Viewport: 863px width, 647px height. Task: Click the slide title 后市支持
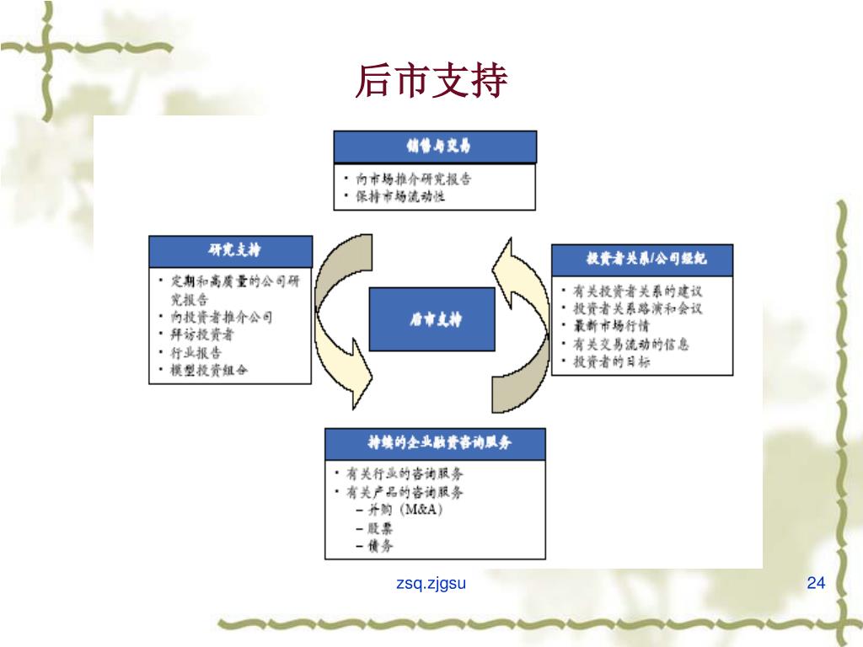(x=431, y=82)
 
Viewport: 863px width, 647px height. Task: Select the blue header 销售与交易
(x=435, y=147)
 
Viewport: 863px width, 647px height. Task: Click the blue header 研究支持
(x=230, y=250)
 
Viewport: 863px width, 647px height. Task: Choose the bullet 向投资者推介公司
(x=221, y=317)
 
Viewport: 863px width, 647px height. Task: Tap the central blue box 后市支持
(x=432, y=319)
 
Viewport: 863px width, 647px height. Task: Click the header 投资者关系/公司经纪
(x=642, y=259)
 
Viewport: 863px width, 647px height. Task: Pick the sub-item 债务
(x=380, y=546)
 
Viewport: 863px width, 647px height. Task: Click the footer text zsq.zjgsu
(x=431, y=583)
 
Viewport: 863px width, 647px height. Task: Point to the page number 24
(x=816, y=583)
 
